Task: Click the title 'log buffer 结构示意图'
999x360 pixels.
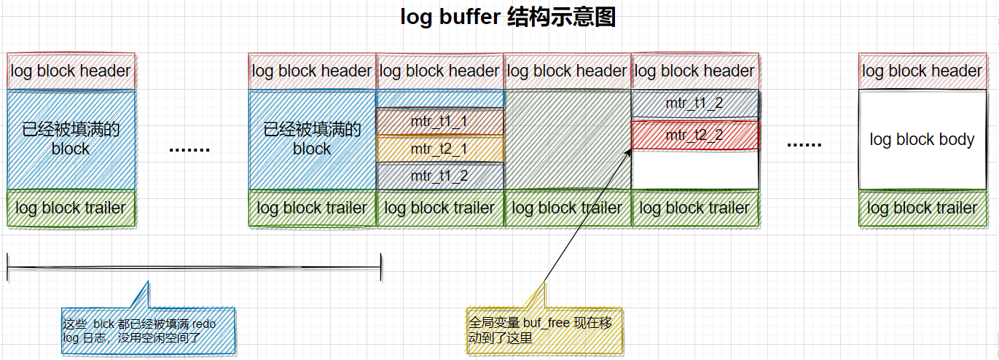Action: point(508,17)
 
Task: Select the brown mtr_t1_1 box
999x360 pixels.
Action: point(439,122)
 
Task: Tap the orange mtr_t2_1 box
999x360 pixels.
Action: point(439,149)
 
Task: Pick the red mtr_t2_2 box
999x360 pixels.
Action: point(694,136)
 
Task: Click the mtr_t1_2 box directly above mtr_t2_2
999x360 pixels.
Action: point(694,103)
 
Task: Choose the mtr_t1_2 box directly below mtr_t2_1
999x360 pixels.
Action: point(439,176)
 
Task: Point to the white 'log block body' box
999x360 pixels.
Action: point(922,139)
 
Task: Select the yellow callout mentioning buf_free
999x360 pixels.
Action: point(544,330)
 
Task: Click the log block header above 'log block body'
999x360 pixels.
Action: point(922,71)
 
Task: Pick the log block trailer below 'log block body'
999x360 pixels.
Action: point(922,208)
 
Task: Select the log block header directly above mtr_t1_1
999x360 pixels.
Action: point(439,71)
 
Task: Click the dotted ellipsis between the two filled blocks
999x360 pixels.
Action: point(189,149)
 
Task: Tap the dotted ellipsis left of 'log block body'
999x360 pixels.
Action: point(804,144)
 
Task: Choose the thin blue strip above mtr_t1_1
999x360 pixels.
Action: point(439,98)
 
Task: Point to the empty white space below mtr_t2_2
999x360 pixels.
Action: point(694,170)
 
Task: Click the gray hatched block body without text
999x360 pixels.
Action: point(567,139)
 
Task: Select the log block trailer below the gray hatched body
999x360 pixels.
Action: point(567,208)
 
